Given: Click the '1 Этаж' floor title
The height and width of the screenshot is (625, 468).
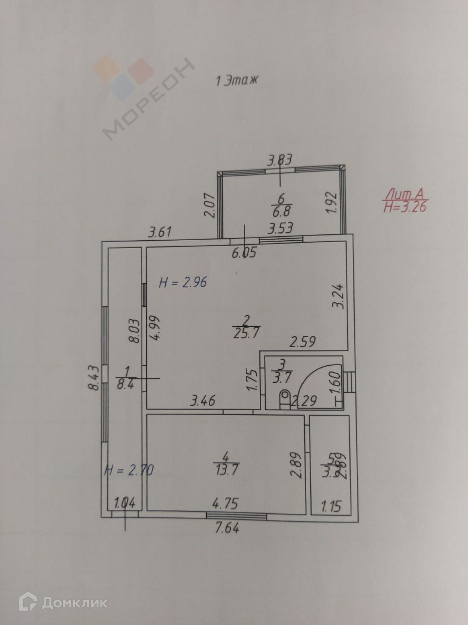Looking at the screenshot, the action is coord(237,81).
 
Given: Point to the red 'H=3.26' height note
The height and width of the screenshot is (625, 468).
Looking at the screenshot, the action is coord(405,206).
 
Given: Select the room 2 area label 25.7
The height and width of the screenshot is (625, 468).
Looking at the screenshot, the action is coord(246,333).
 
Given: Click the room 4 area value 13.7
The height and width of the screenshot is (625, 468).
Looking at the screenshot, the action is coord(226,469).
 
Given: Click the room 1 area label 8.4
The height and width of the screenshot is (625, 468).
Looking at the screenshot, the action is coord(125,384).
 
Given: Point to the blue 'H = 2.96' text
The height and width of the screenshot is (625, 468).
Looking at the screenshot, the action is coord(183,282).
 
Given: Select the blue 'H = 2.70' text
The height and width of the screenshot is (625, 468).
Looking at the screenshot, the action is coord(129,470).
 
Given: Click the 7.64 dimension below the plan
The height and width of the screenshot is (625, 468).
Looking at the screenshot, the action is coord(227,529).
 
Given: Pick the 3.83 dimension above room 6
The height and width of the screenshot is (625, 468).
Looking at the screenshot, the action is coord(279,160).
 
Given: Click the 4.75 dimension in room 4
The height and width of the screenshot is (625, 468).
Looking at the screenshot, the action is coord(225,503).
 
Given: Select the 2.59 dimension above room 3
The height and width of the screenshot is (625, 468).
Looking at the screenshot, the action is coord(302,342).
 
